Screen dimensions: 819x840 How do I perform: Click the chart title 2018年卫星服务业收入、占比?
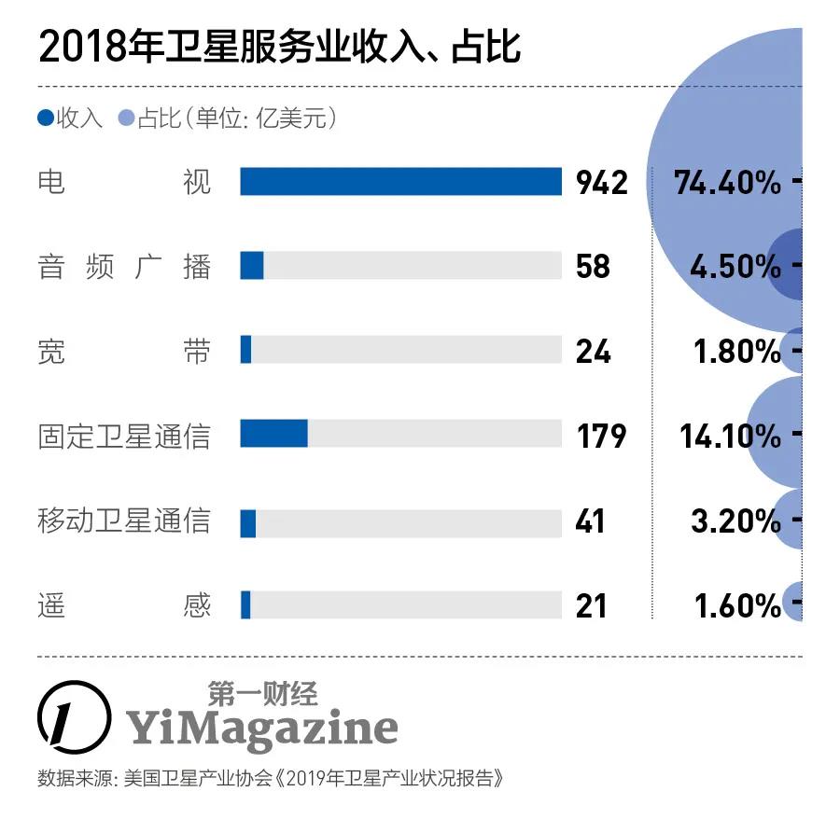pos(278,47)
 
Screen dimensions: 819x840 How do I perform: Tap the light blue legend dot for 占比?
pos(126,118)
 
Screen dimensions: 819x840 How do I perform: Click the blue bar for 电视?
pos(400,182)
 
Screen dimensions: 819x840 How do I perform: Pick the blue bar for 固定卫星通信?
pos(273,434)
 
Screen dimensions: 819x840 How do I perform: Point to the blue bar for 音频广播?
pos(252,265)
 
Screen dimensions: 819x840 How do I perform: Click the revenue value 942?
pos(602,183)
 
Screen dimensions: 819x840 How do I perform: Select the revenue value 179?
pos(600,436)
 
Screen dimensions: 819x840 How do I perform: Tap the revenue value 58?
pos(593,267)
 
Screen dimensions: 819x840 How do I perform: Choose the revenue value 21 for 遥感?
pos(592,605)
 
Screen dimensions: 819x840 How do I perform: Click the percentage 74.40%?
pos(727,183)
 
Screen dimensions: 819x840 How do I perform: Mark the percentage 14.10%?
pos(730,436)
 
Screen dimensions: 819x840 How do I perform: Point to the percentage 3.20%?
pos(735,521)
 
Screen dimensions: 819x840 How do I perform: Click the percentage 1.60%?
pos(737,605)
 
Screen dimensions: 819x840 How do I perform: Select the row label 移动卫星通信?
pos(124,520)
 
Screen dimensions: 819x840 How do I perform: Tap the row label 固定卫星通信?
pos(124,436)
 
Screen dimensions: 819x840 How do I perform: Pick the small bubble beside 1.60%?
pos(794,602)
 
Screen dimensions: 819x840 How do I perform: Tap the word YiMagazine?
pos(262,728)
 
